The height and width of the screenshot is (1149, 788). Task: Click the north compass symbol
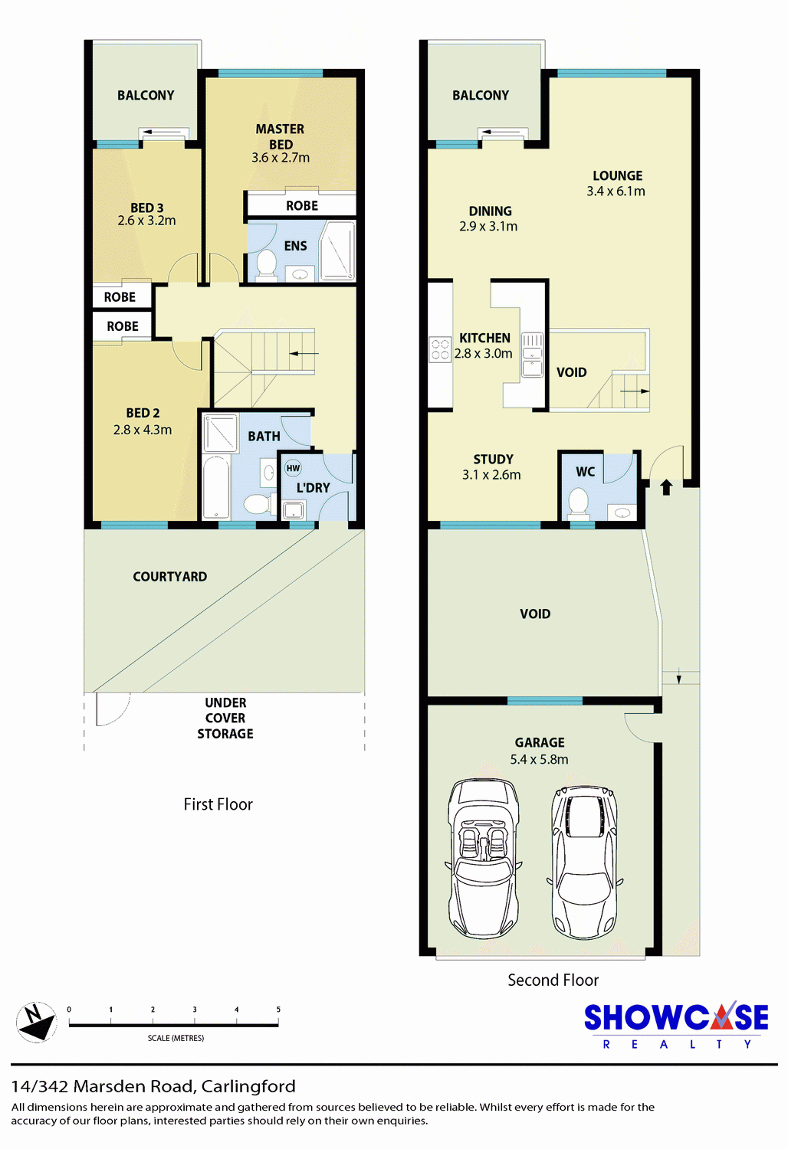tap(36, 1022)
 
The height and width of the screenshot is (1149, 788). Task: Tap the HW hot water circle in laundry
tap(293, 468)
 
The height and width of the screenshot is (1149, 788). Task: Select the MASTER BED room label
tap(281, 136)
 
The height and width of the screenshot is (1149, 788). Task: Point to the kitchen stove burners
tap(440, 349)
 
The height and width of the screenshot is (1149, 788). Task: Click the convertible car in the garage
tap(483, 859)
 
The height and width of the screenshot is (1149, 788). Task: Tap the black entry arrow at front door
tap(666, 486)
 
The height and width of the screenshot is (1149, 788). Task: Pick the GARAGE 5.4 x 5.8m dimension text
tap(539, 759)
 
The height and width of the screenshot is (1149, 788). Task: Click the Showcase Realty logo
tap(676, 1026)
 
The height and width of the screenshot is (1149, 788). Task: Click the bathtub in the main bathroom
tap(216, 486)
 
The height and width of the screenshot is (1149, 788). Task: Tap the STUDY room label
tap(494, 459)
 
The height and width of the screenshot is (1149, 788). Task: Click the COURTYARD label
tap(170, 577)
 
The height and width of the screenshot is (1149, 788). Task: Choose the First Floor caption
tap(218, 804)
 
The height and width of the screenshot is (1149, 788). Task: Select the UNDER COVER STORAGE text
tap(225, 719)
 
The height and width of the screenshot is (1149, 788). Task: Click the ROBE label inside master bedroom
tap(302, 206)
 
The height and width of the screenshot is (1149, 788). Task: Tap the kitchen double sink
tap(532, 355)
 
